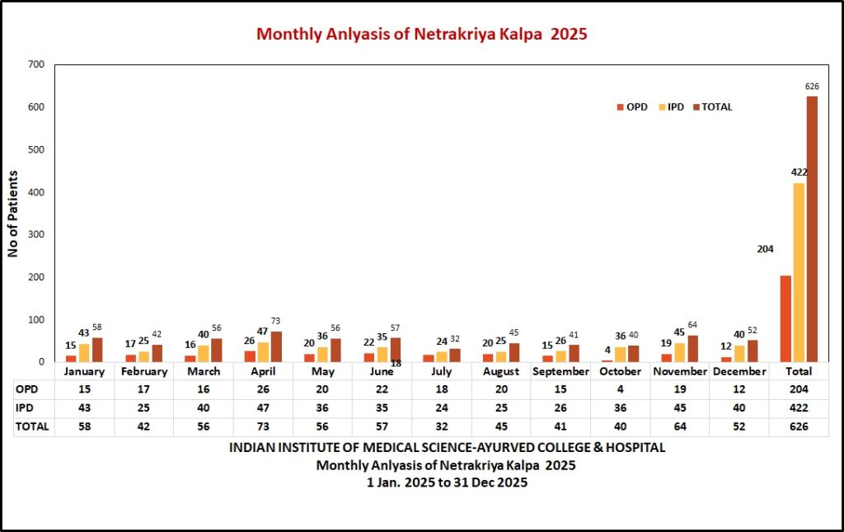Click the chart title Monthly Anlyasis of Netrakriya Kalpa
[421, 34]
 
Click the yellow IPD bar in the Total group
[799, 272]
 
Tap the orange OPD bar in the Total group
[785, 318]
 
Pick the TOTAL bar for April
[276, 346]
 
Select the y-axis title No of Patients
[13, 214]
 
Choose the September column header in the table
[560, 372]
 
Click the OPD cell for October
[620, 388]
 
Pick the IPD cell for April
[263, 407]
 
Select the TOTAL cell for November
[679, 426]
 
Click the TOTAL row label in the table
[33, 426]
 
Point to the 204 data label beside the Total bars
[765, 249]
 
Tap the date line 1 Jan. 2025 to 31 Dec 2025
[447, 483]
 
